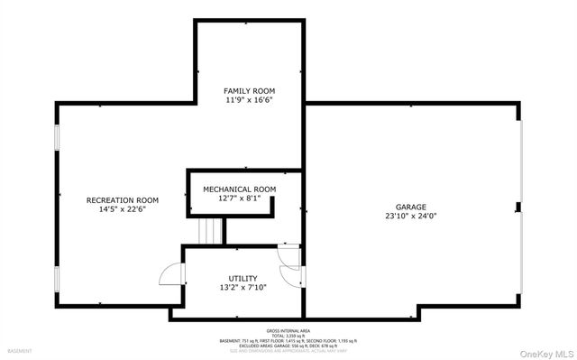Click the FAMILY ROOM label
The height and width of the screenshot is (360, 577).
click(x=250, y=91)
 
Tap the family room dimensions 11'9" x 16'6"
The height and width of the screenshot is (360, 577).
click(x=250, y=101)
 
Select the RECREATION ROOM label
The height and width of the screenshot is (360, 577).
click(x=123, y=199)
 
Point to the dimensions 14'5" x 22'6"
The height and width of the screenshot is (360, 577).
click(x=123, y=209)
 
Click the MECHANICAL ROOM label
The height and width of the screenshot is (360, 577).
click(x=239, y=189)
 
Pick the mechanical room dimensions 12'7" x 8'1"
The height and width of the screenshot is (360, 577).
click(x=239, y=198)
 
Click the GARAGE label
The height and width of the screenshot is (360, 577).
click(x=410, y=207)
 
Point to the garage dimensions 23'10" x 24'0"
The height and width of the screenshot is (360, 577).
click(x=410, y=217)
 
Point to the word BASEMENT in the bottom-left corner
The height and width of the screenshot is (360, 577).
click(x=19, y=350)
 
